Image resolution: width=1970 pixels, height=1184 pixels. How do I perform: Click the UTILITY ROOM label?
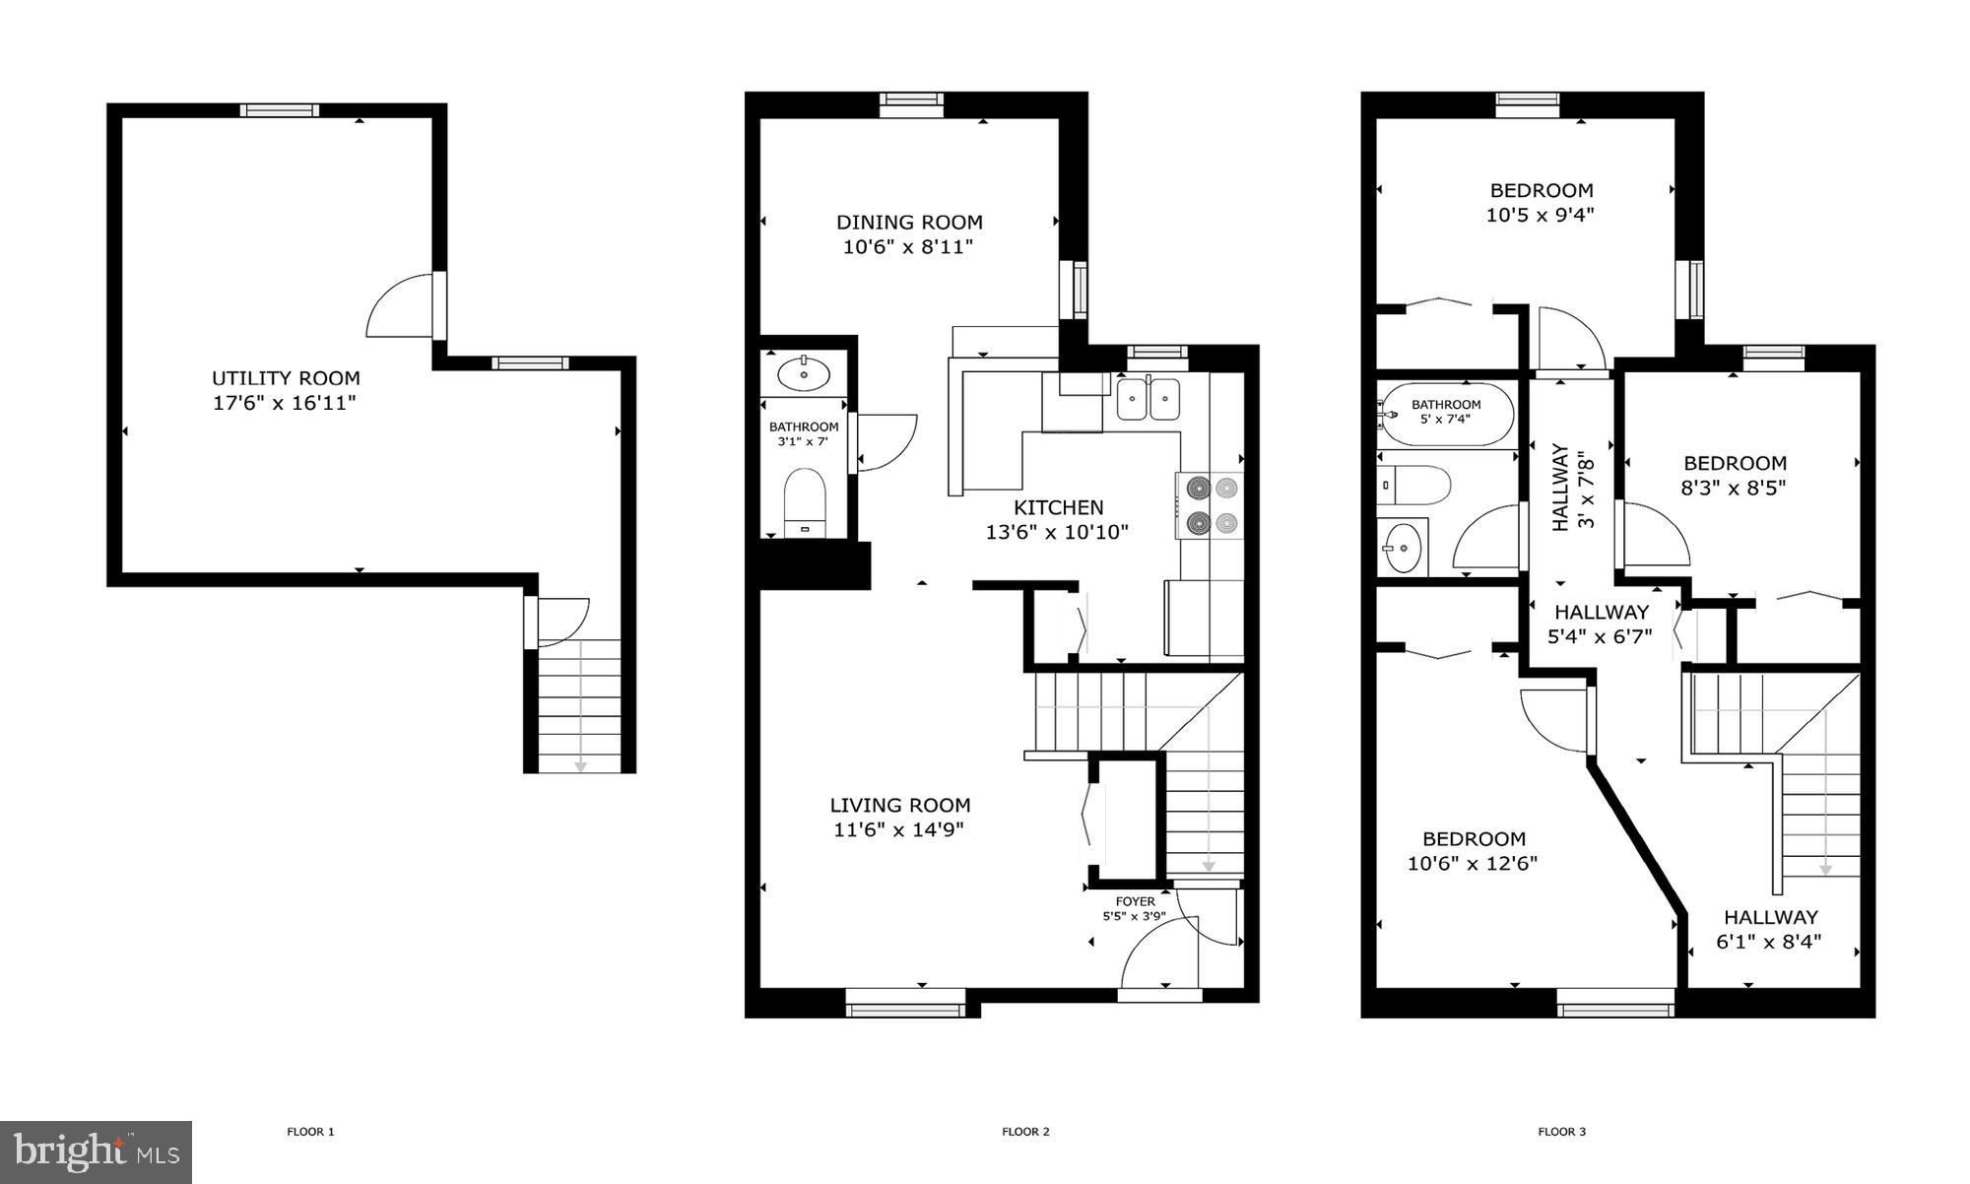coord(286,378)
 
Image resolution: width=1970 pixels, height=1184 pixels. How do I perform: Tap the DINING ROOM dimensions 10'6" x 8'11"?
coord(907,247)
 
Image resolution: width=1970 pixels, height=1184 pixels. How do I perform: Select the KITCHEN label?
coord(1058,507)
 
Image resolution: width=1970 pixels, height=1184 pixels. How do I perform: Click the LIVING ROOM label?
coord(899,805)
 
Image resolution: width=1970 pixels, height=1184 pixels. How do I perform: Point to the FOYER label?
coord(1135,901)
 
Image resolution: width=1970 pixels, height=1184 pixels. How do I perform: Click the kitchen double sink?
coord(1148,399)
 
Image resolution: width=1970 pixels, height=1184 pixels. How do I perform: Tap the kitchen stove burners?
coord(1212,504)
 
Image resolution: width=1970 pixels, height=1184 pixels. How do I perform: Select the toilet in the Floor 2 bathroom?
coord(806,500)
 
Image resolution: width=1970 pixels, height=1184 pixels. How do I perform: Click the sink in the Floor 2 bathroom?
coord(804,374)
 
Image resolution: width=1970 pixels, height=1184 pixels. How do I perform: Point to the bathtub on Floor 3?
coord(1446,415)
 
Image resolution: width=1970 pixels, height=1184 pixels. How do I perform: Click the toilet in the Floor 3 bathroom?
coord(1413,486)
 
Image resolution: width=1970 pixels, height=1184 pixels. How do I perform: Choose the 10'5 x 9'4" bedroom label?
coord(1541,190)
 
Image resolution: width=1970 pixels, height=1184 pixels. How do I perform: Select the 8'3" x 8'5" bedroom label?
coord(1735,463)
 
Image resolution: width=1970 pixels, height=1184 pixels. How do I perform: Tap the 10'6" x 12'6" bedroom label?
coord(1474,839)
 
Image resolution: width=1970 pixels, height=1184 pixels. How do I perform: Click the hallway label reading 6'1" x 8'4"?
coord(1770,917)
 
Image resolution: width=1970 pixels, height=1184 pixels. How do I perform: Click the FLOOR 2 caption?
coord(1025,1132)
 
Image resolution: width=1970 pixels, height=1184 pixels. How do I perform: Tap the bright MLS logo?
coord(96,1151)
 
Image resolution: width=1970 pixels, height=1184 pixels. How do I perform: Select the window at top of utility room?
coord(280,110)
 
